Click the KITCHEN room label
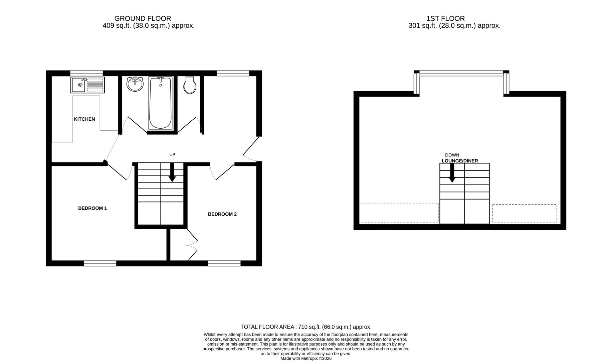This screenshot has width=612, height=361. pyautogui.click(x=84, y=119)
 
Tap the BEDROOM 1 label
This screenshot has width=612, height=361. pyautogui.click(x=92, y=208)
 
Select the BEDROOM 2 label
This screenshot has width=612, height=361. pyautogui.click(x=222, y=214)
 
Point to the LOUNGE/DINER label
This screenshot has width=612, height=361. pyautogui.click(x=459, y=161)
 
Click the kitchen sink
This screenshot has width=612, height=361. pyautogui.click(x=87, y=85)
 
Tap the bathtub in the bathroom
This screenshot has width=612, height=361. pyautogui.click(x=161, y=102)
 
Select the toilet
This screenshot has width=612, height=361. pyautogui.click(x=190, y=85)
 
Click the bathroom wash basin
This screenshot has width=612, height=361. pyautogui.click(x=135, y=84)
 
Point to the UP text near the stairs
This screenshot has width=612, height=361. pyautogui.click(x=172, y=154)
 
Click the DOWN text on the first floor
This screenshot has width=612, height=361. pyautogui.click(x=452, y=155)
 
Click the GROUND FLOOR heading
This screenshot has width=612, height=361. pyautogui.click(x=143, y=19)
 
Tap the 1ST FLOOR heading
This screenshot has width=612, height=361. pyautogui.click(x=445, y=19)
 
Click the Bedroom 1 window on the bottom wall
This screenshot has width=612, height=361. pyautogui.click(x=100, y=263)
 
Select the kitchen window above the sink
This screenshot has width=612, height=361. pyautogui.click(x=86, y=73)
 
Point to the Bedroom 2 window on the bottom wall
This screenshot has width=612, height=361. pyautogui.click(x=224, y=263)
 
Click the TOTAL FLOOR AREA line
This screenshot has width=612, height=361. pyautogui.click(x=306, y=327)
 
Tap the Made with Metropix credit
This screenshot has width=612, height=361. pyautogui.click(x=306, y=358)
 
